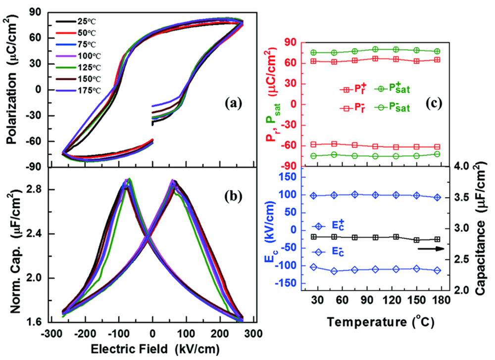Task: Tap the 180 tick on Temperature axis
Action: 440,300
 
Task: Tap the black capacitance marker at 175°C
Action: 437,240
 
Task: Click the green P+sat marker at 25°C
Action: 313,52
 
